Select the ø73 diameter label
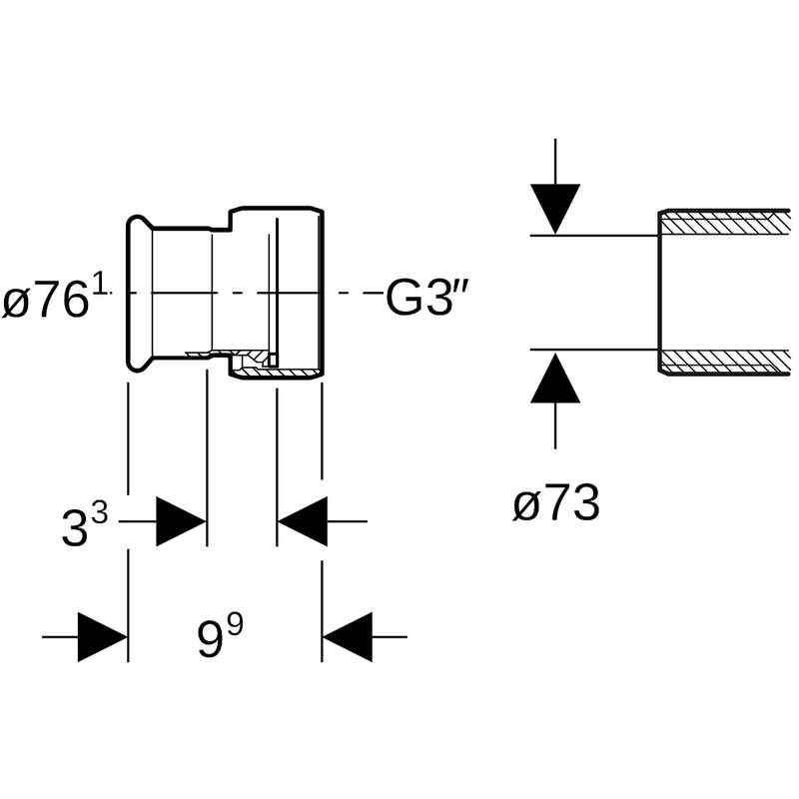click(556, 504)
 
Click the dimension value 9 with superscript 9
click(221, 636)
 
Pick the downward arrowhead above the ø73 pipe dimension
click(555, 208)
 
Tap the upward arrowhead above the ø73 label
click(555, 378)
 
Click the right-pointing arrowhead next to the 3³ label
click(181, 521)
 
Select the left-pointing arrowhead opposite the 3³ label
click(303, 521)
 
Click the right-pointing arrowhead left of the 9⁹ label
click(102, 636)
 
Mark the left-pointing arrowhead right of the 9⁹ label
click(347, 636)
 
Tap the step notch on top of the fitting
click(232, 217)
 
